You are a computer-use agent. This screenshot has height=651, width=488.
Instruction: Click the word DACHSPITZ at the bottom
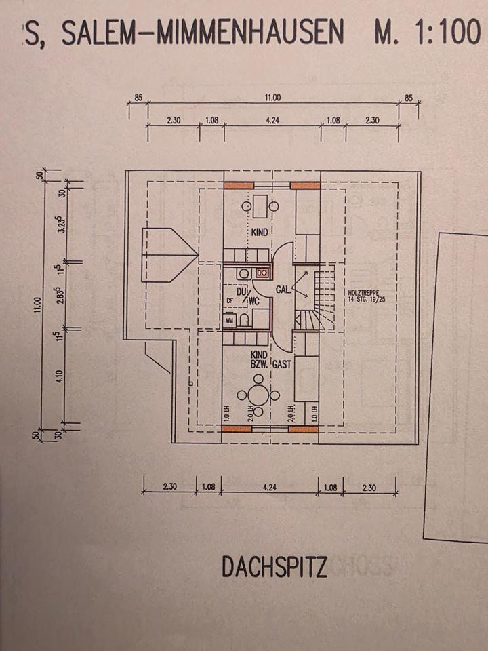click(274, 567)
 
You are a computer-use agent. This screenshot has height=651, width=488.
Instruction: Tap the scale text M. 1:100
click(426, 33)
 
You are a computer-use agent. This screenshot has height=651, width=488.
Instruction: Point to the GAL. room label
click(283, 290)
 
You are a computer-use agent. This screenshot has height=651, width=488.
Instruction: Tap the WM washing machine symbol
click(229, 319)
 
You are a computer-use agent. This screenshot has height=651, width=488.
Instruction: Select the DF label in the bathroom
click(230, 299)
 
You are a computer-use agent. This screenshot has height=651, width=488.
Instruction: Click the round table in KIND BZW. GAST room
click(256, 395)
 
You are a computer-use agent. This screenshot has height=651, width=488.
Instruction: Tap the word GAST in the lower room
click(283, 364)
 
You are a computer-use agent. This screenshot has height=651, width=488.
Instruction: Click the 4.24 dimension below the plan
click(271, 486)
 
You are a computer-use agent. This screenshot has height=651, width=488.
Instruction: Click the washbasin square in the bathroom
click(263, 273)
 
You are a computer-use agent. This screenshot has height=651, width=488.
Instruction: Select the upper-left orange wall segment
click(239, 185)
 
